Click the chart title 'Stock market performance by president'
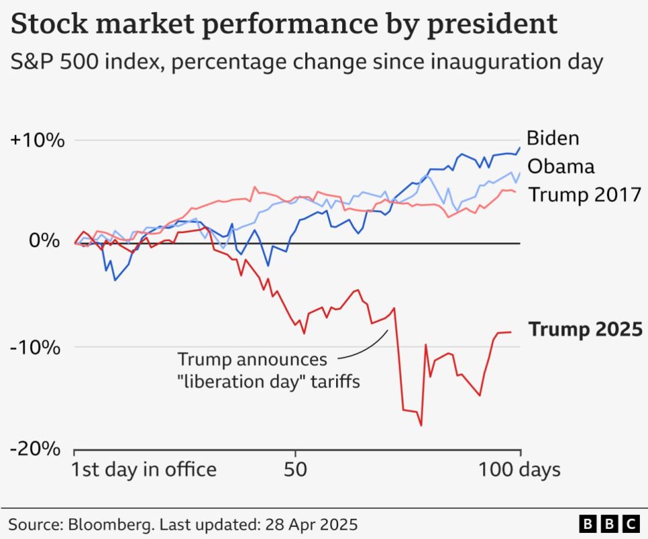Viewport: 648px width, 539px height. (284, 25)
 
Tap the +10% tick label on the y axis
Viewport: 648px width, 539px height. (38, 141)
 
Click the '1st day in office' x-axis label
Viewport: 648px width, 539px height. (144, 470)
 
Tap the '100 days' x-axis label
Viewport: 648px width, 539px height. (519, 470)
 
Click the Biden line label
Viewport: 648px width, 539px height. (552, 138)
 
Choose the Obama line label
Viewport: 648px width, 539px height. (560, 166)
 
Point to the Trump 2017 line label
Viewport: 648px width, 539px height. (584, 195)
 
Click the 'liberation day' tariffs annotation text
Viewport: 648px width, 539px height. (268, 371)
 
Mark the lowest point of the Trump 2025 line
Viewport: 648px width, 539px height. (422, 425)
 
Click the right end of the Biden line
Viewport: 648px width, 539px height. (520, 148)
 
